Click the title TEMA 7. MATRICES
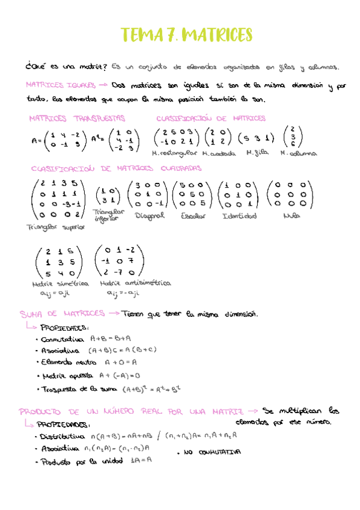(186, 35)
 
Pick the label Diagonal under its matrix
(150, 216)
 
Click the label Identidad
(239, 216)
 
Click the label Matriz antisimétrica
(135, 282)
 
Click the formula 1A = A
(141, 461)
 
